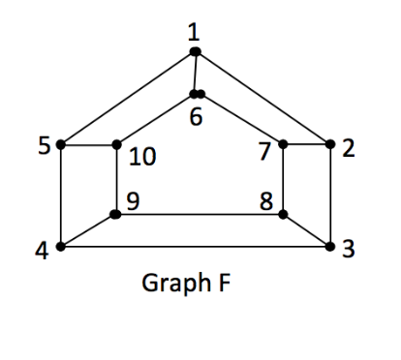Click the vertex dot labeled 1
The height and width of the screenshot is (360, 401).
point(195,51)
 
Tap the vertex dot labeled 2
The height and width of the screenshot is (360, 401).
point(330,145)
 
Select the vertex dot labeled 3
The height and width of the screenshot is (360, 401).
point(330,247)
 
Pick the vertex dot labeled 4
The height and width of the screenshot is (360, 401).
point(61,247)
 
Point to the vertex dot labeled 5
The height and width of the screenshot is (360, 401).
point(61,145)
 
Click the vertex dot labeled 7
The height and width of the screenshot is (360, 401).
point(283,145)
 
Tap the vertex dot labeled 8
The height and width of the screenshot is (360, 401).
point(283,213)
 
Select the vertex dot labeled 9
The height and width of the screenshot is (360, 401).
point(115,213)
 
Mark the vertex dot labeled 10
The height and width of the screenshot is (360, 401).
point(116,145)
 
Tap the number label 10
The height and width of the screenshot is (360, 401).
point(141,156)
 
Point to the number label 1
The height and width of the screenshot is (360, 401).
point(195,30)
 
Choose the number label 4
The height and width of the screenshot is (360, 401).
point(41,251)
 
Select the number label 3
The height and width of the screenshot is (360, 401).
point(349,251)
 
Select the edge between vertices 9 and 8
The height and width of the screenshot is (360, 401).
point(199,213)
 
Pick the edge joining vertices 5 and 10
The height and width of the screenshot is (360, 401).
point(88,145)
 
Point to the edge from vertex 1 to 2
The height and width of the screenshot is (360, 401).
point(262,98)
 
